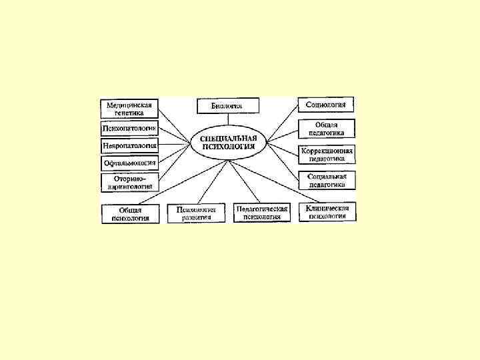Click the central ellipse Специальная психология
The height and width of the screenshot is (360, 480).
228,142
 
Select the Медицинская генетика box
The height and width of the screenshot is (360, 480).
129,108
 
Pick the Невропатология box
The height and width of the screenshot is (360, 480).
129,145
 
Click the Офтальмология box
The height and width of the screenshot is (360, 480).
129,162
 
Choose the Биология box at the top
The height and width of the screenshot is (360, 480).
227,105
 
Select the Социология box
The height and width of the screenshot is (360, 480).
325,105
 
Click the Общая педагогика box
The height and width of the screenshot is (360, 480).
327,128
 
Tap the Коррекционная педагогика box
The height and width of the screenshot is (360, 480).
327,155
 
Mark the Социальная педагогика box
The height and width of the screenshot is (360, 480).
327,180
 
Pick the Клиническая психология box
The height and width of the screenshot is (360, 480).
327,212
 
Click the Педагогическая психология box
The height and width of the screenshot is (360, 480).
262,213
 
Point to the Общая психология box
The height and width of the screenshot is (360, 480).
130,213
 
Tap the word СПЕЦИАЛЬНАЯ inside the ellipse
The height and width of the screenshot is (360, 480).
228,138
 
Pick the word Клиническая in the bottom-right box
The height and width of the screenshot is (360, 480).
327,208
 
